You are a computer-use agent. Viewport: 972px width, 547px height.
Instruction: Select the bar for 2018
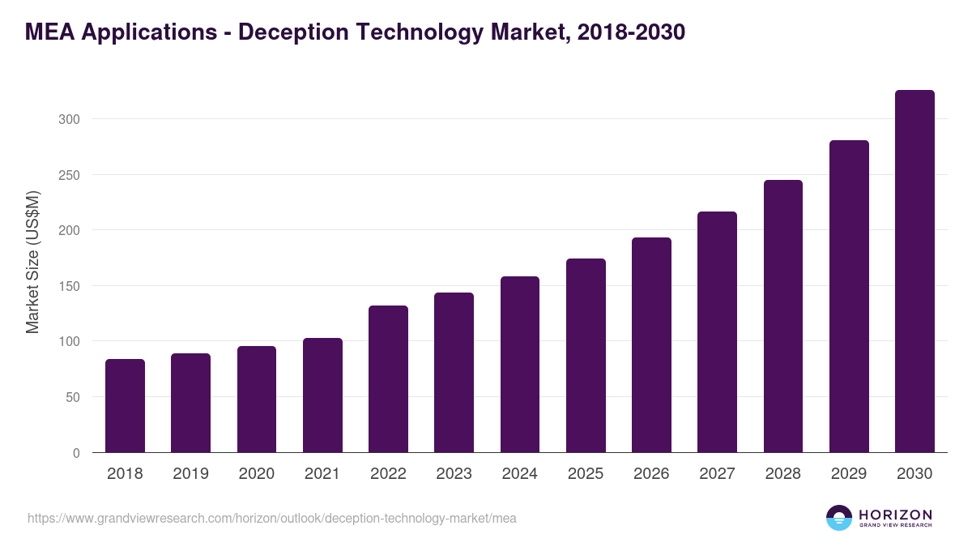point(125,406)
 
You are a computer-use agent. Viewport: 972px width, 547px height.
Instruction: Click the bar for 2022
point(388,379)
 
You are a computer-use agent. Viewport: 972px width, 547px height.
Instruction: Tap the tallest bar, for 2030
point(914,271)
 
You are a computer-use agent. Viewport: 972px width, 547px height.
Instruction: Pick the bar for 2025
point(586,356)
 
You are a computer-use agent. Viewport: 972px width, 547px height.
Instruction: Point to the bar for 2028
point(782,316)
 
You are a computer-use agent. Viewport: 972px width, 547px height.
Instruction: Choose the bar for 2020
point(257,400)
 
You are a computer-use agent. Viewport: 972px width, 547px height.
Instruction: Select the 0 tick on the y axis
point(76,453)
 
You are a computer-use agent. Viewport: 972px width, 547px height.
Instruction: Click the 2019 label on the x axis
point(190,474)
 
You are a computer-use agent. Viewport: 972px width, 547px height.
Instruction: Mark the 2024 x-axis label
point(519,474)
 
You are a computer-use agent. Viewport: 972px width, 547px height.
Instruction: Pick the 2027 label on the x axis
point(717,474)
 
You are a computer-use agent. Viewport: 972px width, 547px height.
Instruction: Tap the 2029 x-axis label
point(848,474)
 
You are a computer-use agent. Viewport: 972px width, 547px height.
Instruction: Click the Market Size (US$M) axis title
point(32,262)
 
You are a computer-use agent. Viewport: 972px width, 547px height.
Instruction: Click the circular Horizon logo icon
point(839,518)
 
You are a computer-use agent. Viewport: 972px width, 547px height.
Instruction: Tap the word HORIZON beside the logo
point(895,515)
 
